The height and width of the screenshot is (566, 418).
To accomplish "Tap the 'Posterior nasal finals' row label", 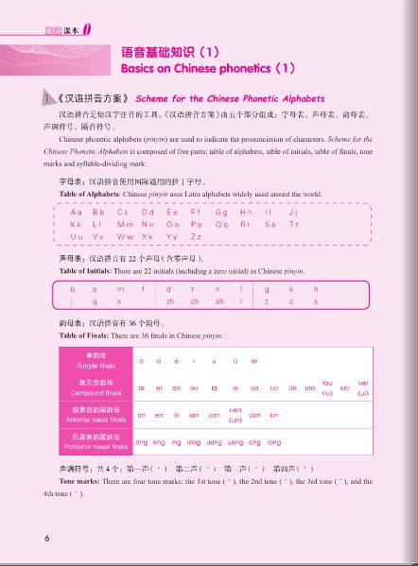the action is coord(87,442).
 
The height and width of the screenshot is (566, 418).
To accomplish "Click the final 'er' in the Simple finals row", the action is coord(255,361).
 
